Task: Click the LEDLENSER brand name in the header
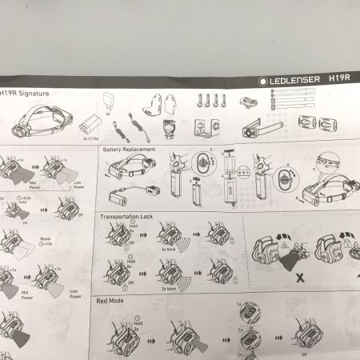click(x=297, y=78)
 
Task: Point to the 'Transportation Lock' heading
click(x=129, y=217)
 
